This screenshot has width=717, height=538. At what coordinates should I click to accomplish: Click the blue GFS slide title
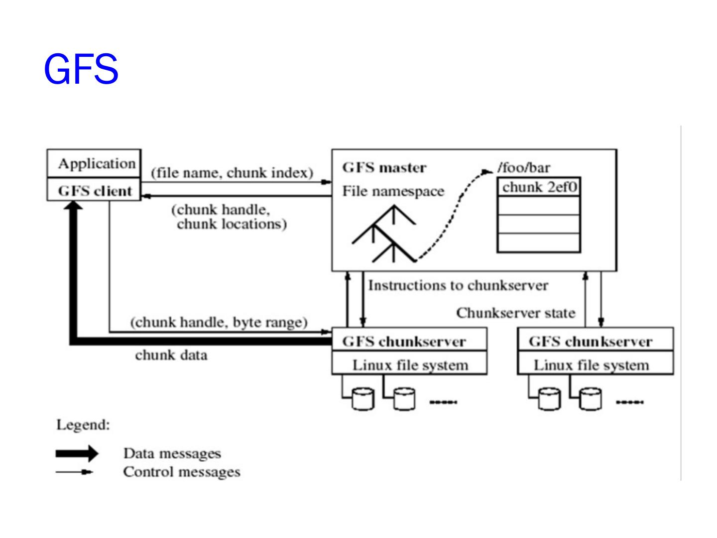(81, 69)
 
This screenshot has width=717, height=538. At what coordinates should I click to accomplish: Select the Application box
(94, 163)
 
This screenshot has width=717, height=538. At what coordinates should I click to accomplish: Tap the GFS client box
(94, 189)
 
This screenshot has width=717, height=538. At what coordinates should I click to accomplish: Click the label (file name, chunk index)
(232, 173)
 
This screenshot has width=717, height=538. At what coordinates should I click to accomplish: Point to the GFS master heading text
(384, 167)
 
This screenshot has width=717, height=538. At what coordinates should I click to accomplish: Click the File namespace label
(393, 191)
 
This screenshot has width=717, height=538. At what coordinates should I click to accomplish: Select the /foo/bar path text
(524, 167)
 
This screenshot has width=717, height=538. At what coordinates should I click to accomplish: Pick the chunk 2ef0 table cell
(539, 187)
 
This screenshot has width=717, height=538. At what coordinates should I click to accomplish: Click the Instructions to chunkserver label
(458, 285)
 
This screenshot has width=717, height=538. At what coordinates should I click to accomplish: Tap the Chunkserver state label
(516, 313)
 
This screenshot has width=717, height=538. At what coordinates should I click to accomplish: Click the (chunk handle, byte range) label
(219, 322)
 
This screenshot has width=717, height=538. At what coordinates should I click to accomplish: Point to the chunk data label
(171, 355)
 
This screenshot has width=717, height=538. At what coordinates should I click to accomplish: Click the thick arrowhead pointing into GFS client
(73, 205)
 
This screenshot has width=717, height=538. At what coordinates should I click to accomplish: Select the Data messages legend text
(172, 453)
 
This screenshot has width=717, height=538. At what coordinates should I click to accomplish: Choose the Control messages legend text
(182, 472)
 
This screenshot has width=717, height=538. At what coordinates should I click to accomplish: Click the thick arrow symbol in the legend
(77, 453)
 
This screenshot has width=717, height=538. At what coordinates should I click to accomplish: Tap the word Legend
(83, 425)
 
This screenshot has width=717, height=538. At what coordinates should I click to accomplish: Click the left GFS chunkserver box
(409, 339)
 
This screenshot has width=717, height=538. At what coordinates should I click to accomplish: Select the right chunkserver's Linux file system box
(595, 363)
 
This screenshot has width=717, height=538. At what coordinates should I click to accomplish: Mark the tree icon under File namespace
(384, 234)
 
